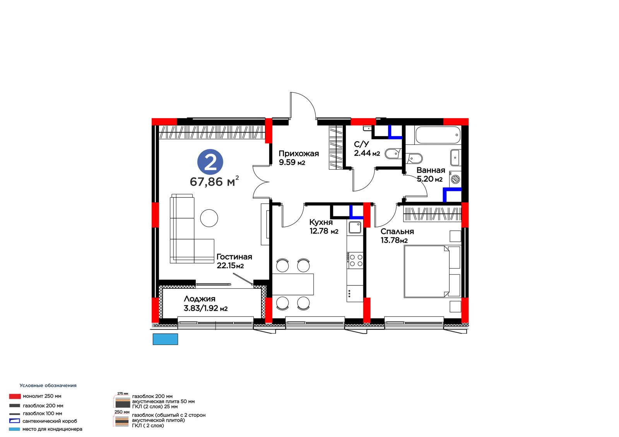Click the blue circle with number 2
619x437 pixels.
tap(210, 162)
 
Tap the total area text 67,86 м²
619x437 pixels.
tap(214, 181)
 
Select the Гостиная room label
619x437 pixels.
tap(234, 257)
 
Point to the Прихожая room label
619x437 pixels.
tap(299, 153)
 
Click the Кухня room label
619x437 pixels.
tap(321, 222)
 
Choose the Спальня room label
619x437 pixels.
tap(397, 231)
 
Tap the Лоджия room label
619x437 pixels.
tap(200, 299)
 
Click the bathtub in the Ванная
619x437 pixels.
tap(438, 135)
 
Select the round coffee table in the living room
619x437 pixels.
tap(209, 218)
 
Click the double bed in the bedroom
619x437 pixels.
tap(432, 272)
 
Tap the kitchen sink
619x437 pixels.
tap(355, 228)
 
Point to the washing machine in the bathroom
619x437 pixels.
tap(455, 178)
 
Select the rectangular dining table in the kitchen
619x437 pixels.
tap(293, 284)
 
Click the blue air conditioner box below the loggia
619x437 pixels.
tap(165, 339)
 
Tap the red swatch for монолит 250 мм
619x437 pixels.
tap(15, 396)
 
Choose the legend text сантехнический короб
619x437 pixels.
tap(50, 421)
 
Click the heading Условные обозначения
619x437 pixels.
tap(48, 385)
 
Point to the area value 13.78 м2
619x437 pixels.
tap(394, 240)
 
